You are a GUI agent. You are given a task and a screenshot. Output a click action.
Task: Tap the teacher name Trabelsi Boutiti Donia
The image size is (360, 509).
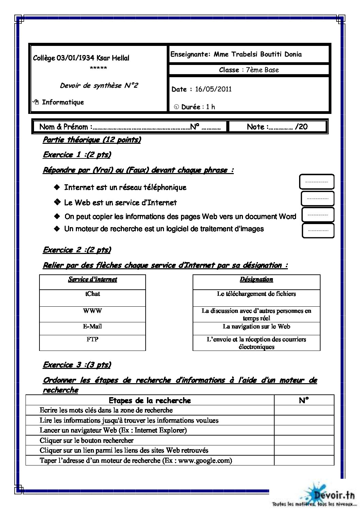[x=266, y=54]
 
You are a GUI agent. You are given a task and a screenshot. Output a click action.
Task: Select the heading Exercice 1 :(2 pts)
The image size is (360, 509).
[x=77, y=155]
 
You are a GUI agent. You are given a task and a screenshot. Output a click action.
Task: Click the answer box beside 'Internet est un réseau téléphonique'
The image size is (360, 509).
[x=316, y=182]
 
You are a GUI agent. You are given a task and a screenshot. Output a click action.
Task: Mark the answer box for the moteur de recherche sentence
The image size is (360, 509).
[x=318, y=231]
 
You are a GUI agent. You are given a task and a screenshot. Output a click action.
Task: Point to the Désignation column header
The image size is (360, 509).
[x=256, y=279]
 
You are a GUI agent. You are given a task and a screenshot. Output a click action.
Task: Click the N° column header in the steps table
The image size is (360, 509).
[x=304, y=401]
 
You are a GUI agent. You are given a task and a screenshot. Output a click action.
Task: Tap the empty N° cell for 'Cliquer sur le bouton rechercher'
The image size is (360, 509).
[x=304, y=440]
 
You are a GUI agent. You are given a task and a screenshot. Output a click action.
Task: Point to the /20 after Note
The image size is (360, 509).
[x=301, y=127]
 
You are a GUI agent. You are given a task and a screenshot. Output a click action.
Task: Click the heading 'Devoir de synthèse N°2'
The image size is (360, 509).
[x=99, y=86]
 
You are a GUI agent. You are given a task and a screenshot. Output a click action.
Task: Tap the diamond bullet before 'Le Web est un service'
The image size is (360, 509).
[x=57, y=202]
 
